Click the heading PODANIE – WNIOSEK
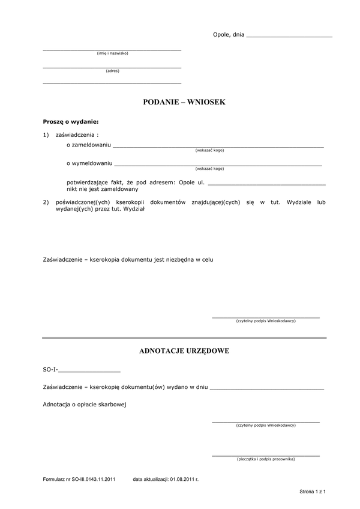click(184, 103)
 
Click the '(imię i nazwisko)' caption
click(112, 53)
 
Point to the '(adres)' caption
click(112, 71)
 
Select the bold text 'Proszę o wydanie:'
click(70, 122)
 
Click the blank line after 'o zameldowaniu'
click(218, 145)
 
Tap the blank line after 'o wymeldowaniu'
click(218, 163)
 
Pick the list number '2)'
click(46, 203)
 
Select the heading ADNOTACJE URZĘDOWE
click(184, 351)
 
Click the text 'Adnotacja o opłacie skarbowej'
click(85, 405)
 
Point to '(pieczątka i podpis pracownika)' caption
click(265, 459)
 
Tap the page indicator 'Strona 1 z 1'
click(313, 492)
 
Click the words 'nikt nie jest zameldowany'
click(102, 188)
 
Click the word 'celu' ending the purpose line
click(207, 261)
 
